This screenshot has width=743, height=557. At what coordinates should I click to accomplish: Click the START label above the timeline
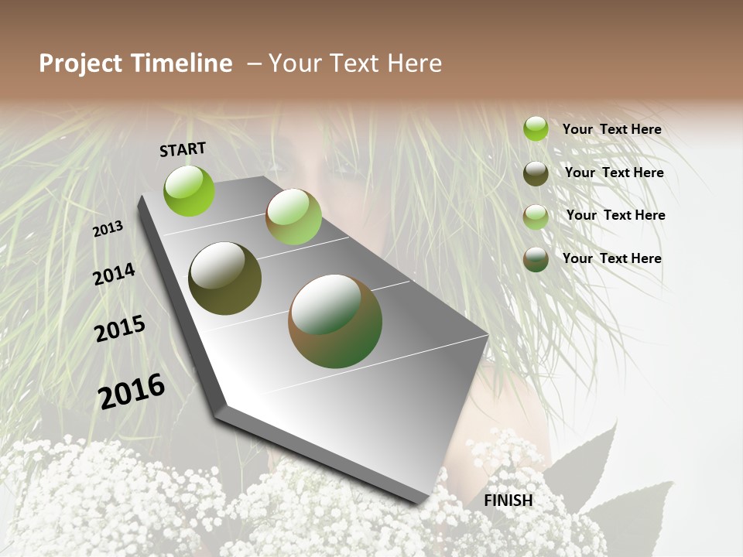coord(183,149)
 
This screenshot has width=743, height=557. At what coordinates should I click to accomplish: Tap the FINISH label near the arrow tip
coord(508,501)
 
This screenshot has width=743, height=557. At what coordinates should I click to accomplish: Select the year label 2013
coord(108,229)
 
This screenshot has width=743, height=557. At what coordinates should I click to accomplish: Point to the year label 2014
coord(115,274)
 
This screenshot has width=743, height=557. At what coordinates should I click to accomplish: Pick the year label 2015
coord(120,329)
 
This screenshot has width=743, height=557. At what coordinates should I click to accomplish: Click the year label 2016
coord(132,391)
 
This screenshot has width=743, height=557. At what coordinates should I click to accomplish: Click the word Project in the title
coord(80,63)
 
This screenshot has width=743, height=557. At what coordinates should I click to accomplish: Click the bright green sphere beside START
coord(189,190)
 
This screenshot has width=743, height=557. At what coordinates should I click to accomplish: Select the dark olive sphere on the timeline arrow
coord(224,278)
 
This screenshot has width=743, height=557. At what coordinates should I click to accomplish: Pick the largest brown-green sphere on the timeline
coord(334,321)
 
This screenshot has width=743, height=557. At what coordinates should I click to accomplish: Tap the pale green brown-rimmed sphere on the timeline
coord(293,217)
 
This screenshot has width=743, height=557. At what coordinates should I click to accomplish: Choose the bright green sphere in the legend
coord(536,128)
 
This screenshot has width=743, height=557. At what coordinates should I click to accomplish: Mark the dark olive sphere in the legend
coord(536,173)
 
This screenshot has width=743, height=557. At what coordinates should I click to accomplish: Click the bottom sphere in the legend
coord(536,259)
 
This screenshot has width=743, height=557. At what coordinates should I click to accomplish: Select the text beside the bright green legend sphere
coord(611,129)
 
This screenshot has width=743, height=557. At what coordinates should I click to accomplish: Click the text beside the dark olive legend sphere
coord(614,173)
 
